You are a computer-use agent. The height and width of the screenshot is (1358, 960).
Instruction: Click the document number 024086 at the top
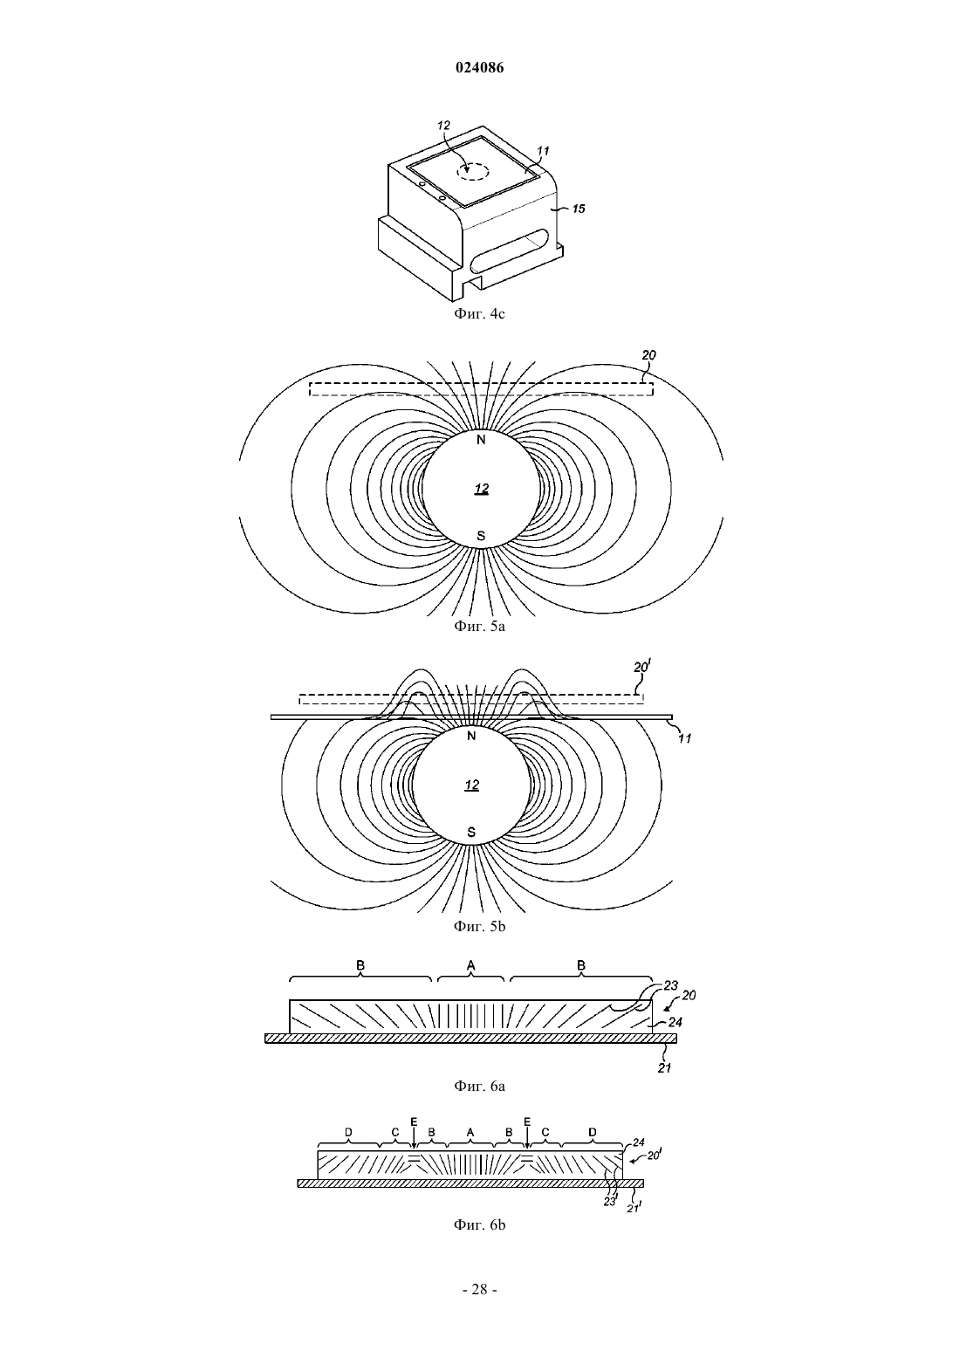coord(479,68)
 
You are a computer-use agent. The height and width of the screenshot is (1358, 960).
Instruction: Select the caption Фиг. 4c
coord(479,313)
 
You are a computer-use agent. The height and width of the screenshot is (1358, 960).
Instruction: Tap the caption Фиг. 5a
coord(479,627)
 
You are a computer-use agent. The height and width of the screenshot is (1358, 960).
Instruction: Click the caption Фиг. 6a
coord(479,1086)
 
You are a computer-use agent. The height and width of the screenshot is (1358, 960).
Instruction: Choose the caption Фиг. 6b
coord(479,1225)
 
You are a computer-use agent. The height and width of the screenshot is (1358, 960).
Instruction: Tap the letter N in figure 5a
coord(481,440)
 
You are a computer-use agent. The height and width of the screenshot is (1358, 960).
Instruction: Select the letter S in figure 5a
coord(481,536)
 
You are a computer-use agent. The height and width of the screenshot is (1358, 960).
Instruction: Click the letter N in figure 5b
coord(471,736)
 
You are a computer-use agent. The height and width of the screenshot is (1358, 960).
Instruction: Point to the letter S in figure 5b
coord(471,832)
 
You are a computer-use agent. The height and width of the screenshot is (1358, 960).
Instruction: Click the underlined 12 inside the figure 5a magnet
coord(481,489)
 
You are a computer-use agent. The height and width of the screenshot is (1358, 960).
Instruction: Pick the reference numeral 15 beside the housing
coord(579,209)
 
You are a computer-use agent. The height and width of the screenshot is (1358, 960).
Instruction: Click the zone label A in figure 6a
coord(471,964)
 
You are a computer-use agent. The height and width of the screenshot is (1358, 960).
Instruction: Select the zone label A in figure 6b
coord(470,1132)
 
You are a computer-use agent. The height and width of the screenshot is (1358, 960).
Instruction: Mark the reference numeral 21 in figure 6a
coord(665,1067)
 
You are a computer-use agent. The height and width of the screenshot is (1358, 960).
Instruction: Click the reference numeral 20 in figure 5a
coord(648,355)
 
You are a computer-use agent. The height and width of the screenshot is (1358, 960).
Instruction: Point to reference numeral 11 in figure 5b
coord(684,738)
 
